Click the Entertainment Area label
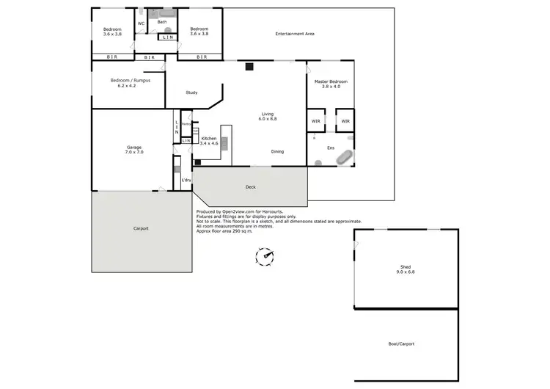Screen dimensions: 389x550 tap(295, 34)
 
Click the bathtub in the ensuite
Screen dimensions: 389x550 tap(345, 156)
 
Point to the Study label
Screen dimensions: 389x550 tap(191, 92)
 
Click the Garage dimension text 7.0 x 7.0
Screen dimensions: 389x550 tap(134, 152)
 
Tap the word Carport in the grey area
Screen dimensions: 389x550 tap(141, 228)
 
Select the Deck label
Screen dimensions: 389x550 tap(250, 187)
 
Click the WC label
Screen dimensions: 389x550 tap(141, 23)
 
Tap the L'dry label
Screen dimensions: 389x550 tap(186, 180)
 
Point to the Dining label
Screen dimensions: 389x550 tap(277, 152)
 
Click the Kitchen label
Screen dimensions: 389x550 tap(208, 138)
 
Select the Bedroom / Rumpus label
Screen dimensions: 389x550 tap(130, 80)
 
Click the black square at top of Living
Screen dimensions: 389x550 tap(249, 67)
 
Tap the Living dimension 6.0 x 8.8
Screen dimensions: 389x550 tap(268, 119)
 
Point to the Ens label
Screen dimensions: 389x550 tap(320, 147)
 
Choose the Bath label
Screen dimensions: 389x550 tap(162, 22)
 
